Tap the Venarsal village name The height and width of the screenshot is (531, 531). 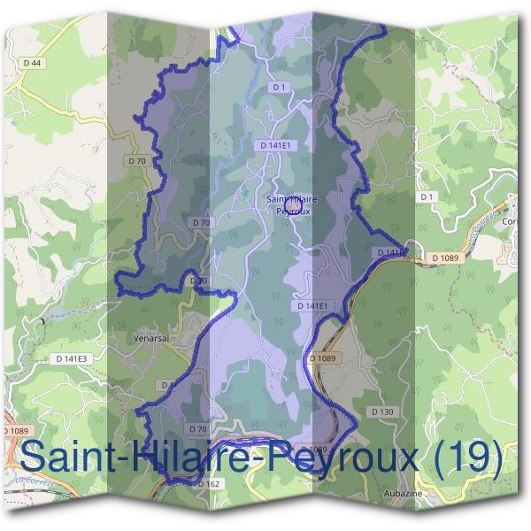coord(148,337)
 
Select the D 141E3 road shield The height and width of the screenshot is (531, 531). coord(71,359)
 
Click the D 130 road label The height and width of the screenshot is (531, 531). coord(382,412)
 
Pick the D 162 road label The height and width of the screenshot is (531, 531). coord(208,484)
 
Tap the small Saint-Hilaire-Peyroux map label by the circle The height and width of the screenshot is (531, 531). coord(289,206)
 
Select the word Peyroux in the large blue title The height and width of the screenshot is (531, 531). coord(323,458)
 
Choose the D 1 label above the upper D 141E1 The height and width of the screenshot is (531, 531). coord(278,87)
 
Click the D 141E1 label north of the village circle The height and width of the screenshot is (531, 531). coord(276,143)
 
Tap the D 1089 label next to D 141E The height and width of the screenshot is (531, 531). coord(447,258)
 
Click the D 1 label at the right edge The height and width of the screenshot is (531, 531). coord(428,196)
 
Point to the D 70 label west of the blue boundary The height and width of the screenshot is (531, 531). coord(136,161)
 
